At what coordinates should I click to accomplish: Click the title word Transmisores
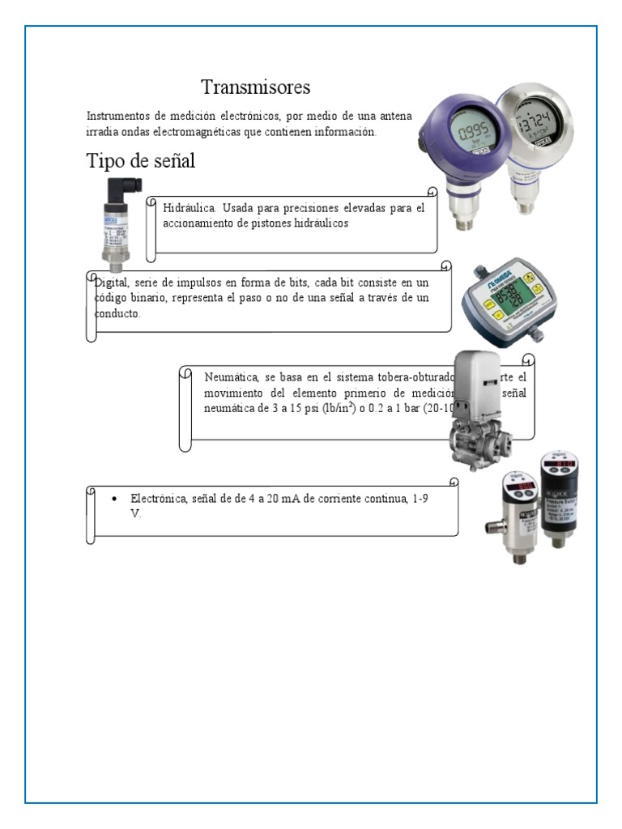[255, 87]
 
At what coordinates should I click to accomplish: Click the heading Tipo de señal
[140, 161]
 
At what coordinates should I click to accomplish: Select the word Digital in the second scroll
[111, 283]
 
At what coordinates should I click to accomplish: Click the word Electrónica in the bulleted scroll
[160, 499]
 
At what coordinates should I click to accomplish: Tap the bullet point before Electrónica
[115, 500]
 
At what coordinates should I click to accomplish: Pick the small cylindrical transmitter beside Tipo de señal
[116, 227]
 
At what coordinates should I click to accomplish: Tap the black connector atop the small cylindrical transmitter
[121, 193]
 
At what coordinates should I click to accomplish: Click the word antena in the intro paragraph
[395, 117]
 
